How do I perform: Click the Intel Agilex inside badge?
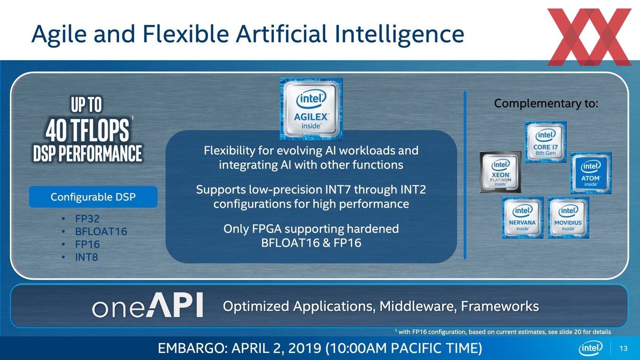[311, 109]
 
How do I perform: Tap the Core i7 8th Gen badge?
[546, 142]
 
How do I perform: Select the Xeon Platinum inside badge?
[501, 172]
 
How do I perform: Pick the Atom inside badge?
[591, 173]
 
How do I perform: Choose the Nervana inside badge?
[522, 217]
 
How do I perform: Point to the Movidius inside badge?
[568, 217]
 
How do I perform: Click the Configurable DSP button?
[93, 197]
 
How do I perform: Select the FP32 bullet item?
[87, 219]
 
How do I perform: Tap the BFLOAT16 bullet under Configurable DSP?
[101, 232]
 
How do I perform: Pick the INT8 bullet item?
[86, 257]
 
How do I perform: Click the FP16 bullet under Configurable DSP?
[87, 245]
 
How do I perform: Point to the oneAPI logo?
[147, 305]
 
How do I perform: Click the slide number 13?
[624, 348]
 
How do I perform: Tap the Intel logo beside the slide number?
[591, 348]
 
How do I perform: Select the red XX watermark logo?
[589, 37]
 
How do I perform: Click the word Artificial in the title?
[281, 34]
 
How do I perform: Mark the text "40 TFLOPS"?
[87, 130]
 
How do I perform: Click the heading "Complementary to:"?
[546, 104]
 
